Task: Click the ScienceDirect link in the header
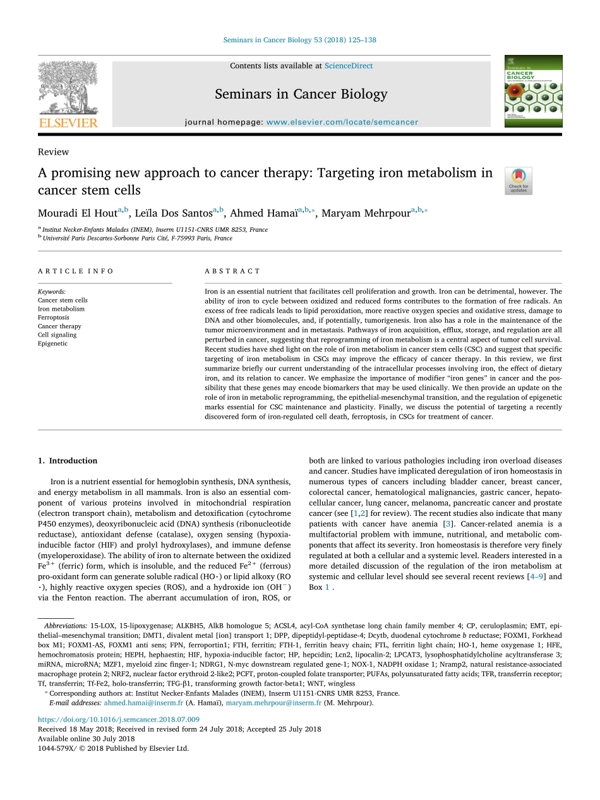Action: point(348,66)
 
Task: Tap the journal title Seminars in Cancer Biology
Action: point(301,94)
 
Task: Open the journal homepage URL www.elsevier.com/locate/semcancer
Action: point(342,122)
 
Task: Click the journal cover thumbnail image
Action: point(533,91)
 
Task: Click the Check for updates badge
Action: point(519,181)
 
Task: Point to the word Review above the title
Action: point(53,152)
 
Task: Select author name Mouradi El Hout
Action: point(77,213)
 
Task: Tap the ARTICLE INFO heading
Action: point(75,271)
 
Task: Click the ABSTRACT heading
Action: point(232,271)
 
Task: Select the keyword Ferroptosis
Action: point(54,318)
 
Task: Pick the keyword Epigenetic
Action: point(52,343)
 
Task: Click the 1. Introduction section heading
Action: point(68,460)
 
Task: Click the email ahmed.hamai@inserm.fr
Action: point(143,703)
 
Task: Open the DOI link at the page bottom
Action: point(119,719)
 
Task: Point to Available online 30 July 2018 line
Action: point(86,739)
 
